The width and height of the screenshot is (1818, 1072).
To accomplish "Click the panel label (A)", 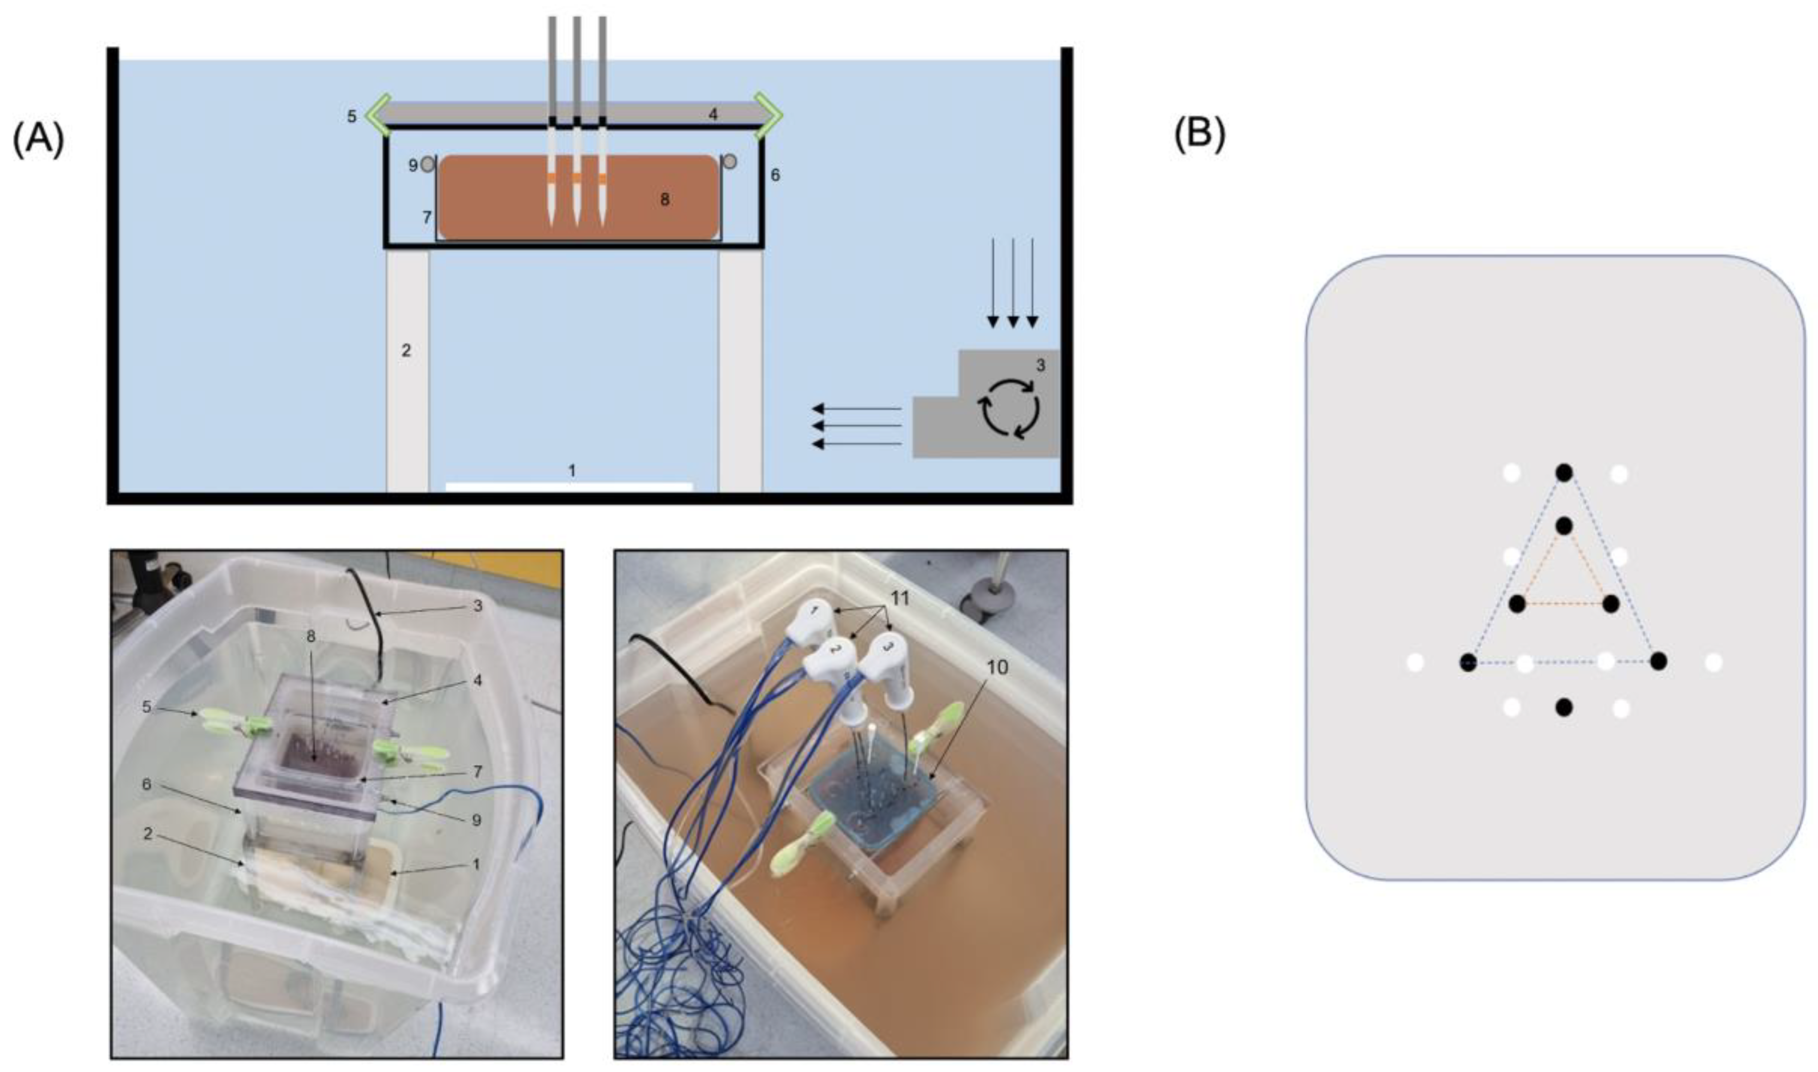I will (x=38, y=140).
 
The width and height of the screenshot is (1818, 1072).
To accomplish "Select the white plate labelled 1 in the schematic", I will (x=569, y=486).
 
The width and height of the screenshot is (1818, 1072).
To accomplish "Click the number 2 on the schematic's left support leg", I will (x=406, y=350).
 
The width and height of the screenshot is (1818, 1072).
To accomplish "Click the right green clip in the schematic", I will (x=768, y=114).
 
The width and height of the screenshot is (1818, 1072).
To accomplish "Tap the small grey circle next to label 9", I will (x=428, y=164).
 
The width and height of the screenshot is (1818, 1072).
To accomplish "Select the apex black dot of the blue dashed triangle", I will (x=1564, y=473).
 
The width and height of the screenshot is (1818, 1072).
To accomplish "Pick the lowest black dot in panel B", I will (x=1564, y=707).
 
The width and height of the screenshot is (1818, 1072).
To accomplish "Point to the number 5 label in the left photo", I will (x=147, y=707).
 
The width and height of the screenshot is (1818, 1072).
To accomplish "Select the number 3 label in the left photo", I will (x=477, y=606).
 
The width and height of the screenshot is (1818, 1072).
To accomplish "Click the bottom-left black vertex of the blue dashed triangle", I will (x=1468, y=662).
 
